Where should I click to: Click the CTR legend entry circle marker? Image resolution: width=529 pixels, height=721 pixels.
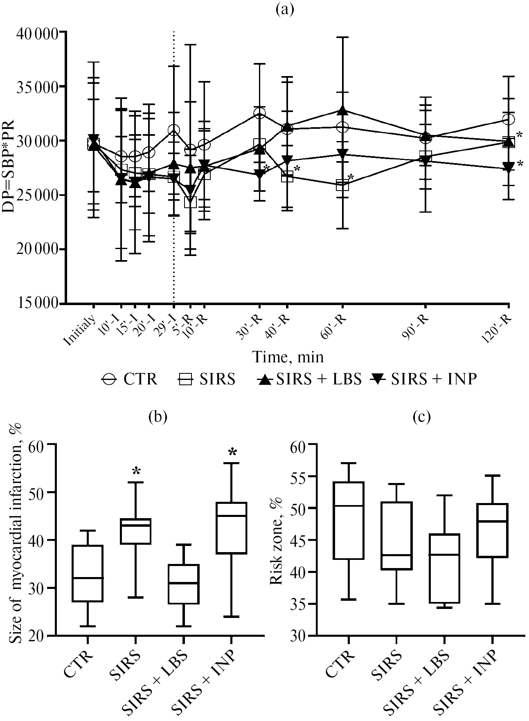109,380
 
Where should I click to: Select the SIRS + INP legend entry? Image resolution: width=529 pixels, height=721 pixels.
423,380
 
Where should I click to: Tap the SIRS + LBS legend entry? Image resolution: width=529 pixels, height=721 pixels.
310,380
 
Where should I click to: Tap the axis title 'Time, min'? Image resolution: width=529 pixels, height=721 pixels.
287,357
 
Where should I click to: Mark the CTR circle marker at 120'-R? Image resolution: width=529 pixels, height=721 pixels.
508,120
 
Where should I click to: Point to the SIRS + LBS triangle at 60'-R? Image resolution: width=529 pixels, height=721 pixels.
342,110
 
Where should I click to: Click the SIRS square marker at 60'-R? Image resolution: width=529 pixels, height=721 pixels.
342,185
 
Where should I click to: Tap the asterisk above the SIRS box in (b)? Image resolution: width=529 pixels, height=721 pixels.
136,471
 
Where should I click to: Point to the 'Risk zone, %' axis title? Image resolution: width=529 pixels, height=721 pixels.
277,544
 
